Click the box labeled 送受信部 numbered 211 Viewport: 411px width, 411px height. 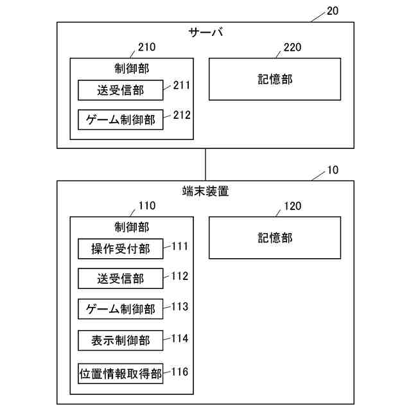[x=121, y=91]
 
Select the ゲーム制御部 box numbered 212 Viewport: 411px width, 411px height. [x=121, y=119]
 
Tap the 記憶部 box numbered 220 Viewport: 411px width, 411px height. [x=275, y=80]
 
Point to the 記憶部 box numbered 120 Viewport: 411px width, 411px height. [x=275, y=238]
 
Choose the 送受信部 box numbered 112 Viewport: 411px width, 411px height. [x=121, y=279]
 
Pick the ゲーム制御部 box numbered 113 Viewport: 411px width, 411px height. [x=121, y=309]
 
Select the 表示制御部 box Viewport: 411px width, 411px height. [x=121, y=340]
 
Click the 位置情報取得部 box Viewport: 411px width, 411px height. [x=121, y=374]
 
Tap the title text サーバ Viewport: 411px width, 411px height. [x=205, y=32]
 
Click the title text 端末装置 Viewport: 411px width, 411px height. [x=205, y=191]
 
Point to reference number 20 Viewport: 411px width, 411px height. [x=333, y=11]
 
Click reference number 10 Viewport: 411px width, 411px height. [x=333, y=170]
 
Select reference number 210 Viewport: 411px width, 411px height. [x=146, y=48]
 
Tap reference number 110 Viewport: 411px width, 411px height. [x=146, y=206]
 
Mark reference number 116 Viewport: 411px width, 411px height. [x=180, y=371]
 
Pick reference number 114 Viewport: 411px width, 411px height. [x=180, y=338]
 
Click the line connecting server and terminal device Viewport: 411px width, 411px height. [x=205, y=164]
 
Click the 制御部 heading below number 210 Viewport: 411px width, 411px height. [x=132, y=68]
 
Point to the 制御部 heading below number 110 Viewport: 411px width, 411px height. [x=132, y=227]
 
